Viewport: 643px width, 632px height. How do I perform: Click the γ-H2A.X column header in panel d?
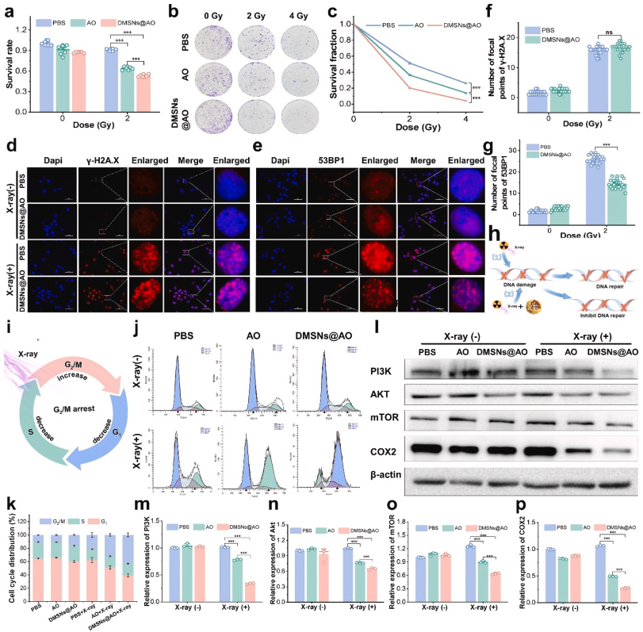coord(105,138)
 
